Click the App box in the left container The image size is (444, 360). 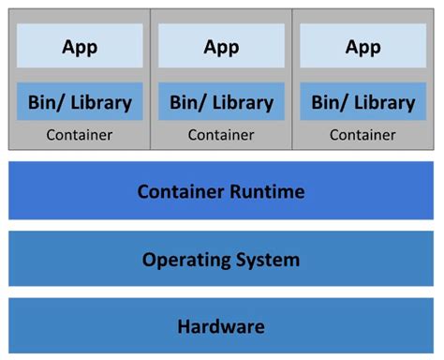point(80,46)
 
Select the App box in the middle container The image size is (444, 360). point(221,46)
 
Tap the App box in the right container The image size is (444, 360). point(363,46)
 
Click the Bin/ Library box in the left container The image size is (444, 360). point(80,101)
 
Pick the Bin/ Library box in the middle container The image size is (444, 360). point(221,101)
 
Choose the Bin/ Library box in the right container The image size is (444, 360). point(363,101)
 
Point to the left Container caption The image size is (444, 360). point(80,135)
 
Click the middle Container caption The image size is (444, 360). point(221,135)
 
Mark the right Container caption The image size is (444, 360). point(363,135)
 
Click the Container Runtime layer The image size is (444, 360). point(221,191)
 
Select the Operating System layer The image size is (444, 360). point(221,259)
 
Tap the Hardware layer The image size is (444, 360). point(221,326)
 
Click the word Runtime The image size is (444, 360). point(269,192)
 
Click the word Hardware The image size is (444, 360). point(221,327)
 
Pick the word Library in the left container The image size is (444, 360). point(99,102)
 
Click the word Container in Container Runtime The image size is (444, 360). point(182,192)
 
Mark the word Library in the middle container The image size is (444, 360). point(241,102)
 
